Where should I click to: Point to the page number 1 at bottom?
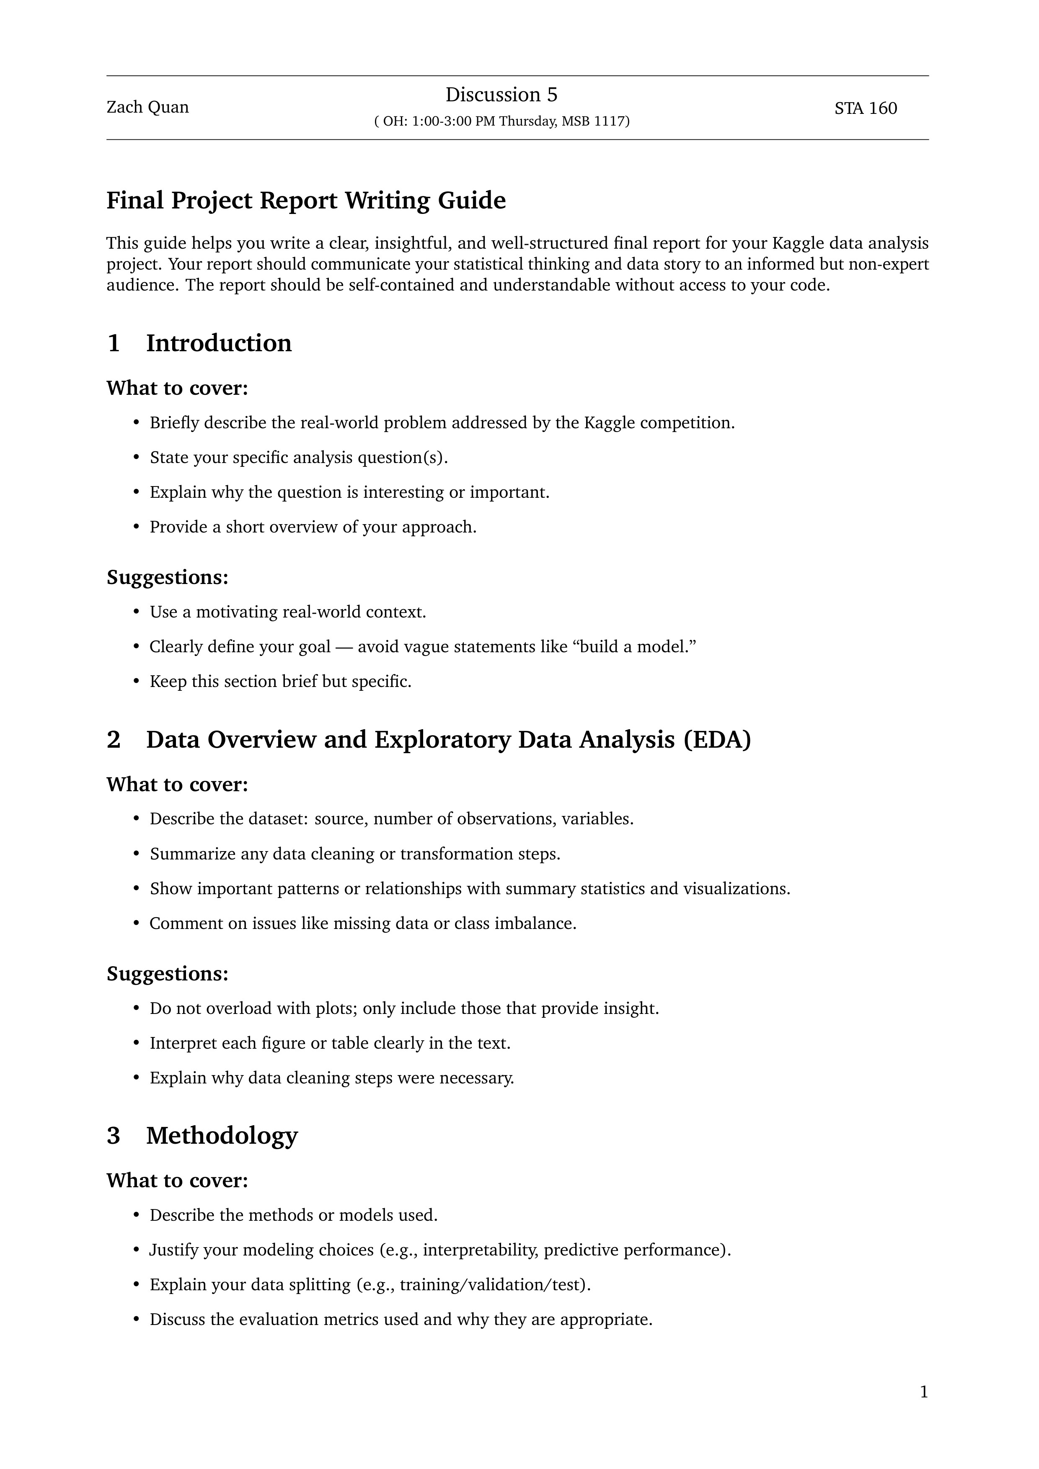coord(923,1392)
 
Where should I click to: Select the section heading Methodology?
coord(222,1136)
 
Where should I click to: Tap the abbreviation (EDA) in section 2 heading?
coord(716,740)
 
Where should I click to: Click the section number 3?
coord(113,1136)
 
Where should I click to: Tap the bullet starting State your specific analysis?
coord(298,458)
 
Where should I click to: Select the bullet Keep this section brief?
coord(280,682)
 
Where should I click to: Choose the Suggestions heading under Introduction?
coord(167,577)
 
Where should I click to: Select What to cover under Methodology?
coord(177,1181)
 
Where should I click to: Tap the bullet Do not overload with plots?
coord(403,1008)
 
